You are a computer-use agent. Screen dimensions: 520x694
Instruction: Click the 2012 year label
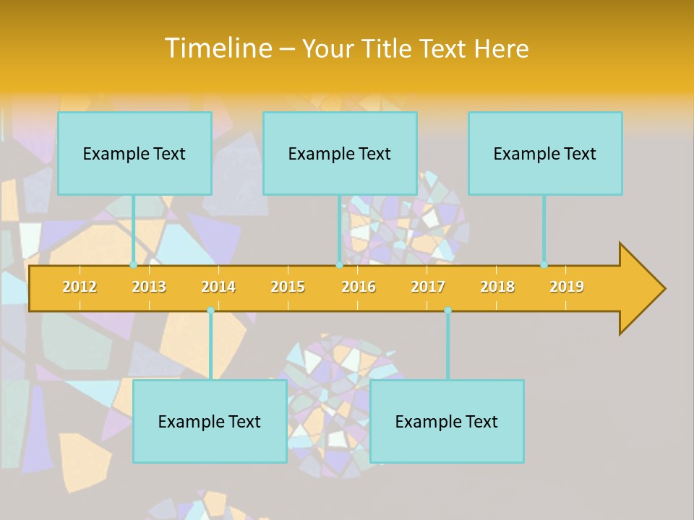tap(80, 287)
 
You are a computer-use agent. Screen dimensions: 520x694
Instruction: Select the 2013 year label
tap(149, 287)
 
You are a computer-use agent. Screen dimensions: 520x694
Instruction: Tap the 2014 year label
tap(218, 287)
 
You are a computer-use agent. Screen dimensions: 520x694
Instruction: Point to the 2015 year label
tap(288, 287)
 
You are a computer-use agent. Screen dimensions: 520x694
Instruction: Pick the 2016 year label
tap(359, 287)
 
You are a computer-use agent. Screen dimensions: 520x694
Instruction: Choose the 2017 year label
tap(428, 287)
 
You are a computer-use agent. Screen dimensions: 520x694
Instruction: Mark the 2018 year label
tap(497, 287)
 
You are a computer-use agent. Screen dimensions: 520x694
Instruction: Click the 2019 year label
tap(567, 287)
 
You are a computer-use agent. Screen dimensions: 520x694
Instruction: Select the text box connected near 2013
tap(134, 153)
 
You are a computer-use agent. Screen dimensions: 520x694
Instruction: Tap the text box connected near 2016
tap(340, 153)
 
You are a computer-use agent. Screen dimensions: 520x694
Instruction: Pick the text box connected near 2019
tap(545, 153)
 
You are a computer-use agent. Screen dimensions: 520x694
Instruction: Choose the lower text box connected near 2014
tap(210, 421)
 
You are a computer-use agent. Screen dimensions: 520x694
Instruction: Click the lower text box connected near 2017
tap(447, 421)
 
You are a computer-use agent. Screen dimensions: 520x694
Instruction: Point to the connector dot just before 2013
tap(134, 265)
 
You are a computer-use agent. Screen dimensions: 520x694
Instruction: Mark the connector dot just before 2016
tap(339, 265)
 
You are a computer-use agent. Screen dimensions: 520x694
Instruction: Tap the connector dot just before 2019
tap(544, 265)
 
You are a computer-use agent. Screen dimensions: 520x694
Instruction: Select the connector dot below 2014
tap(210, 311)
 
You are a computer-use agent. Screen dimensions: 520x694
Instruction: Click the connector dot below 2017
tap(447, 311)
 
